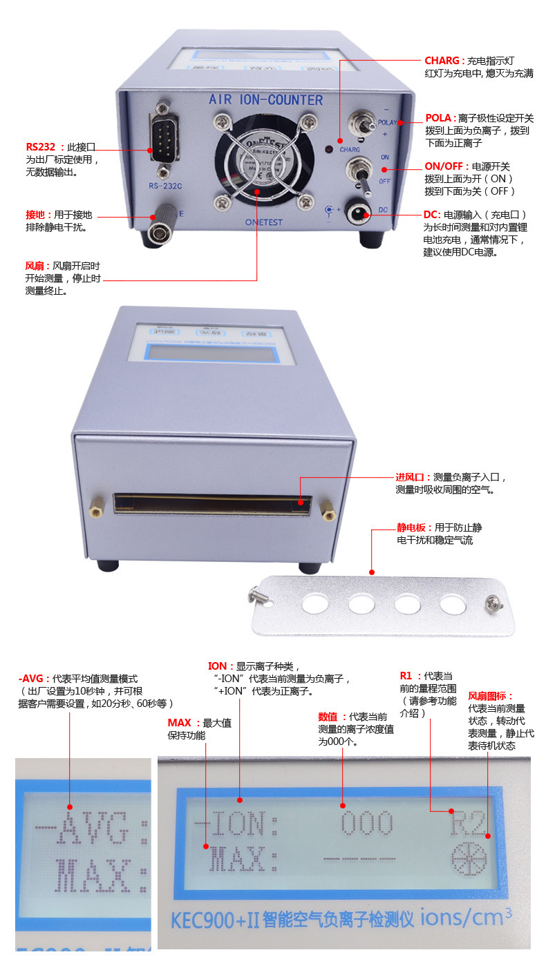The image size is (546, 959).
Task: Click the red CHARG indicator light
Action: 329,149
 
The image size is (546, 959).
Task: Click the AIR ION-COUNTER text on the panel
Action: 265,100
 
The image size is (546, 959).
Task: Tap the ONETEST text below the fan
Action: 265,222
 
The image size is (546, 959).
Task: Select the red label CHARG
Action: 442,61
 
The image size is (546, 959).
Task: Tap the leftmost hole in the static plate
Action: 316,604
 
